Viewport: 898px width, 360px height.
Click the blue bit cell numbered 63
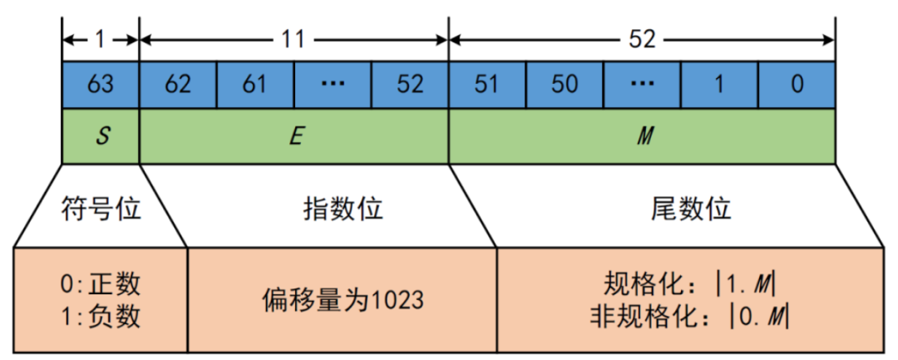(101, 85)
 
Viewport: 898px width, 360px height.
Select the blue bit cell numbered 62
(178, 85)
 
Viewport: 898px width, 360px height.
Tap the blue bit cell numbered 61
(255, 85)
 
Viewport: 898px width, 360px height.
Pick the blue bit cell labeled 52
(410, 85)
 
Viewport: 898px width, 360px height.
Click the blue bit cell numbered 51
(487, 85)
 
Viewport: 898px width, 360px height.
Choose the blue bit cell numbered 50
(565, 85)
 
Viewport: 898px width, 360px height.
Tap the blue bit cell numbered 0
(797, 85)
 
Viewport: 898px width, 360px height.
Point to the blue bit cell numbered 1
(720, 85)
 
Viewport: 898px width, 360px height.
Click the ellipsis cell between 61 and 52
(333, 85)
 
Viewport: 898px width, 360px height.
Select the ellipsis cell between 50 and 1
(643, 85)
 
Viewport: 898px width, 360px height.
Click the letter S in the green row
(101, 136)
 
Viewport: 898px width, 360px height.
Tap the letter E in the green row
(294, 136)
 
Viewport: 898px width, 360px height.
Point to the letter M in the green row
(642, 136)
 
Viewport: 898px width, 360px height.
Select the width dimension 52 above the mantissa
(642, 38)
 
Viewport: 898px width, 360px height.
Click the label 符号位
(101, 208)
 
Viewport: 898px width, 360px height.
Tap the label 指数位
(343, 208)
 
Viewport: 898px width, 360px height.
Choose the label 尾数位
(690, 208)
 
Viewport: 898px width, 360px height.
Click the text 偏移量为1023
(343, 299)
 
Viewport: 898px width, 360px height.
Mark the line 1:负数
(101, 317)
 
